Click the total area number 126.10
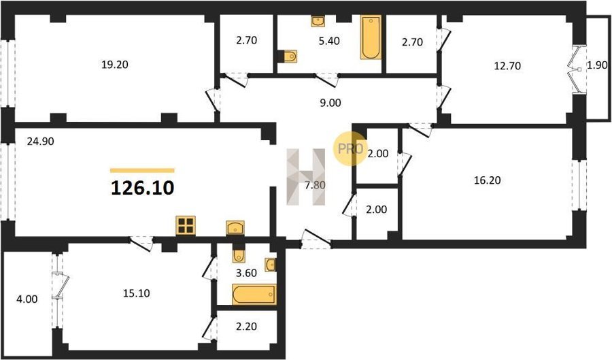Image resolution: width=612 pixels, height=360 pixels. (x=143, y=189)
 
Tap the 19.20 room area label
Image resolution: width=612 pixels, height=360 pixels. (x=115, y=65)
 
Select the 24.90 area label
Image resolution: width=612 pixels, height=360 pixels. (x=40, y=142)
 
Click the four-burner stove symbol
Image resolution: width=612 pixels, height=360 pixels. (x=186, y=226)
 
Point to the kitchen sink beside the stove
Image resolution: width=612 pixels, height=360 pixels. (x=235, y=227)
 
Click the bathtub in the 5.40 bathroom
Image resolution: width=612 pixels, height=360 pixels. (x=371, y=37)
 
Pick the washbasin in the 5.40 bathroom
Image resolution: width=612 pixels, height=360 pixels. (x=318, y=21)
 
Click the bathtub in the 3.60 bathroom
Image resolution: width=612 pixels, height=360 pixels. (x=254, y=295)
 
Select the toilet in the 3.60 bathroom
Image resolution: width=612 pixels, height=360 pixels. (x=238, y=255)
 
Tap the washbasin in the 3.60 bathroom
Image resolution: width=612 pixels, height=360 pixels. (x=271, y=265)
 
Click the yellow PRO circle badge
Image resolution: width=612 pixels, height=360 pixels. (x=350, y=148)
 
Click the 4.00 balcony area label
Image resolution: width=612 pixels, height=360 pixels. (x=27, y=299)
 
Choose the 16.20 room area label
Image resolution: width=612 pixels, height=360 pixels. (x=487, y=180)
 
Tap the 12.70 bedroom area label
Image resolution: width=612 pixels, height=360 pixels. (x=507, y=66)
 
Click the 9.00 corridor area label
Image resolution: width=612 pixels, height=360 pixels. (x=330, y=103)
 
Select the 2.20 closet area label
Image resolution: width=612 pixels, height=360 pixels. (x=246, y=326)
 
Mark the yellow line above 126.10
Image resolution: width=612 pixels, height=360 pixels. (x=143, y=170)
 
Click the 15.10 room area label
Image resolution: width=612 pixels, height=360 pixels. (x=137, y=293)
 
